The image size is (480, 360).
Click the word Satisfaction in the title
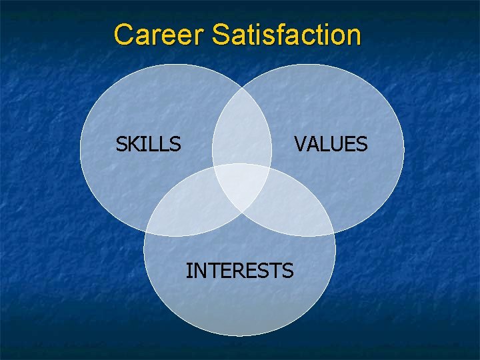287,35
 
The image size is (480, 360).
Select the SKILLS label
148,144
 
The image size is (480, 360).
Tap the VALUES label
331,144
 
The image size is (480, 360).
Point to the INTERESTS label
239,271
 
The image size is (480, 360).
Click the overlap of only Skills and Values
242,130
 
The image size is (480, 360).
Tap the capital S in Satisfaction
221,35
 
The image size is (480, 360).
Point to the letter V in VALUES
301,144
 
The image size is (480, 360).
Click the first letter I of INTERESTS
189,271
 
